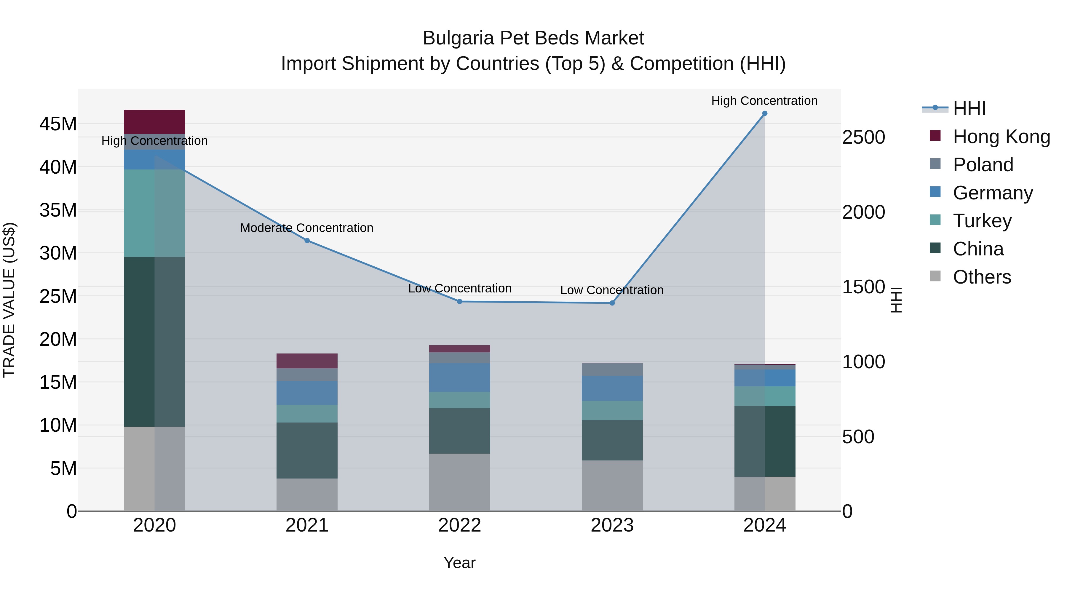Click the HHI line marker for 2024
[x=765, y=113]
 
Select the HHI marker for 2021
[x=307, y=241]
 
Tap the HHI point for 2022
[x=460, y=301]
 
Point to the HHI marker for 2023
[x=612, y=303]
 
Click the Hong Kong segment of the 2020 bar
[x=154, y=122]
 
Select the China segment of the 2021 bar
[x=307, y=450]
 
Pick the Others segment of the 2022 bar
[x=460, y=482]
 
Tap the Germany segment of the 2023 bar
[x=612, y=388]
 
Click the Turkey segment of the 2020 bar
[x=154, y=213]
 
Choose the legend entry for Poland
[x=983, y=165]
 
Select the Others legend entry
[x=982, y=277]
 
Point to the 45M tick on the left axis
[x=58, y=124]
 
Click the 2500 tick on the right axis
[x=864, y=137]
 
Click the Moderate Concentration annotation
[x=307, y=228]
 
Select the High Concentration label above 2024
[x=765, y=101]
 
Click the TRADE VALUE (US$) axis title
[x=9, y=300]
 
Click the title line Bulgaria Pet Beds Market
[x=533, y=38]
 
